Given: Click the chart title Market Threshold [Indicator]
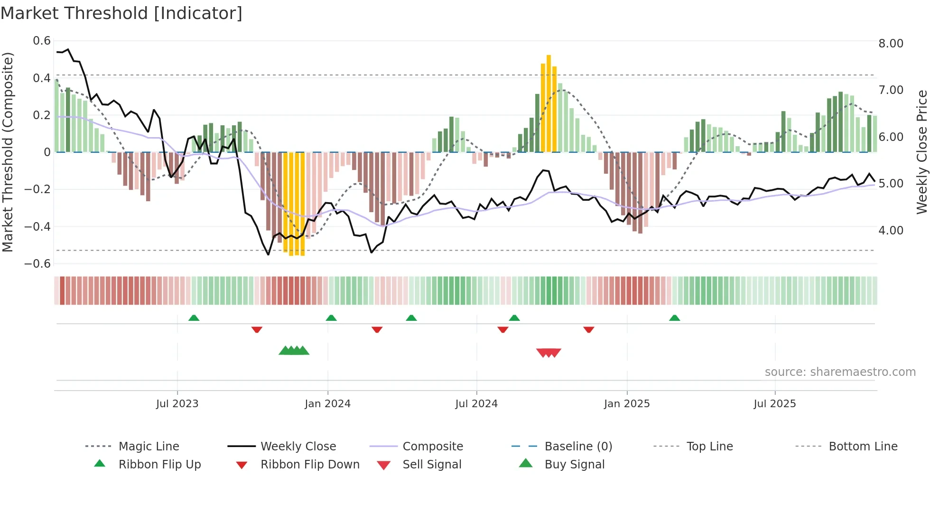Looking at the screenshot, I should pos(121,13).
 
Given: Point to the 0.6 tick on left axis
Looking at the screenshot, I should pos(42,41).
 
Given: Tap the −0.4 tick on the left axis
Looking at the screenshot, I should pos(37,226).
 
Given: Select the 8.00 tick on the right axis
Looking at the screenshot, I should pos(891,44).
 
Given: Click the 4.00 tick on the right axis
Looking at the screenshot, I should pos(891,231).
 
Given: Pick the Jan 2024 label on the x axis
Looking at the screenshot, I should pos(327,404).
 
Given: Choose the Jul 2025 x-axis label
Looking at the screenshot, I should pos(774,404).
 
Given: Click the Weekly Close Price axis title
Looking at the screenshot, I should pos(921,152).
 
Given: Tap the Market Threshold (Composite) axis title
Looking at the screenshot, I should pos(8,152).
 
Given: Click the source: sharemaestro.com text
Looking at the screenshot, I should pos(840,372).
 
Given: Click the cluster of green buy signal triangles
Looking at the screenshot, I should pos(294,351).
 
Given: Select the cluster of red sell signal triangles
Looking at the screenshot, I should pos(549,353).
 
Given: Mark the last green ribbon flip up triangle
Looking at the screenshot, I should pos(674,318).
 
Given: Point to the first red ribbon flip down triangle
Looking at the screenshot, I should pos(257,329).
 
